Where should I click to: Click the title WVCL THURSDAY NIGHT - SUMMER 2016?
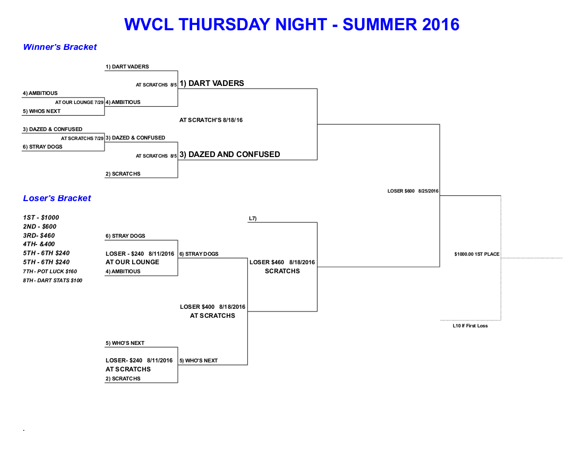tap(291, 24)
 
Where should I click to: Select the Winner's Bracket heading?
tap(59, 47)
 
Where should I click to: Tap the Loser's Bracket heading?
tap(57, 198)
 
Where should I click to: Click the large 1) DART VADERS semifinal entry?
tap(211, 83)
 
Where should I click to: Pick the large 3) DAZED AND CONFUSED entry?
tap(230, 154)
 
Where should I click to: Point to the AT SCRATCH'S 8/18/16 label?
tap(211, 120)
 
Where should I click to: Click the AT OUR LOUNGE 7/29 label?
tap(79, 102)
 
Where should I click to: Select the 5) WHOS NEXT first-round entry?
tap(41, 111)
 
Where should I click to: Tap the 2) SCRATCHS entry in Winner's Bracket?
tap(123, 174)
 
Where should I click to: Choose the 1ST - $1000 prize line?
tap(41, 218)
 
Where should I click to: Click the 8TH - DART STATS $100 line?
tap(53, 280)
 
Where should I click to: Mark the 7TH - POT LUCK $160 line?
tap(50, 271)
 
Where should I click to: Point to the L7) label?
tap(253, 219)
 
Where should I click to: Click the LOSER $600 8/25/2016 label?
tap(413, 191)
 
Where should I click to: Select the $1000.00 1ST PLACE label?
tap(477, 254)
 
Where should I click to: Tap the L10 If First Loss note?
tap(470, 326)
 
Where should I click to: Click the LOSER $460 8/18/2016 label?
tap(282, 262)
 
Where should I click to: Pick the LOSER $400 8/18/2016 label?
tap(212, 307)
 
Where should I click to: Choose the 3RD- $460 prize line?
tap(39, 235)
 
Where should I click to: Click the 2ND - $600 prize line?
tap(39, 226)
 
